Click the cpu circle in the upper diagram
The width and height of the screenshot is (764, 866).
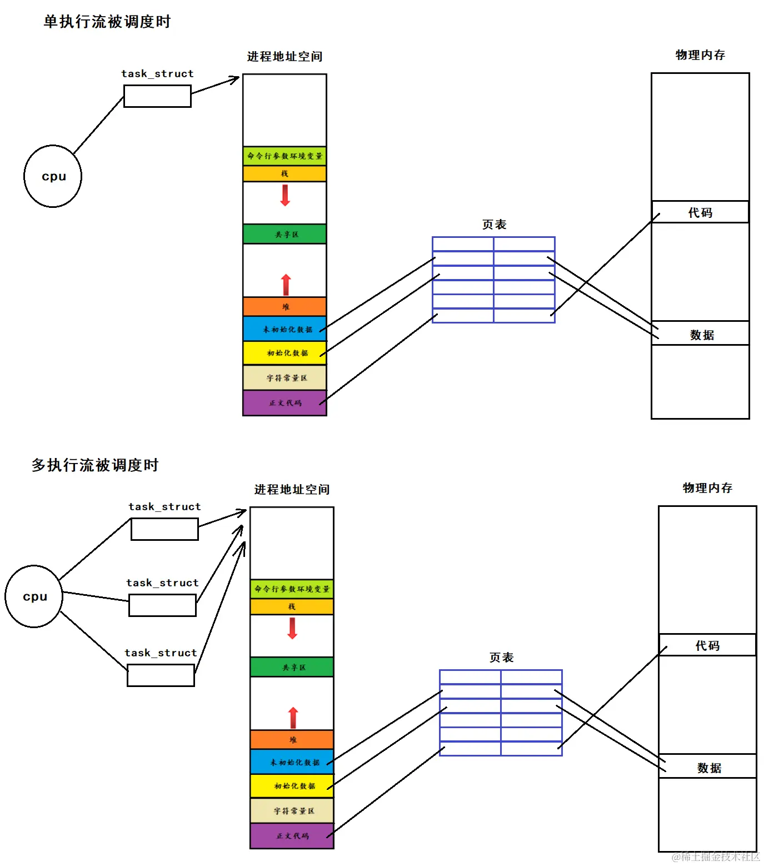click(x=53, y=176)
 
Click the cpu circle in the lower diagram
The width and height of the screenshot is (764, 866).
click(x=34, y=596)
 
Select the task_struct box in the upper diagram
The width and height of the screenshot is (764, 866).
click(x=157, y=96)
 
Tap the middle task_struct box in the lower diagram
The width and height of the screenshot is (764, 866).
click(x=162, y=605)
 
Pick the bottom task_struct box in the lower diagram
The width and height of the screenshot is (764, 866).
click(x=161, y=675)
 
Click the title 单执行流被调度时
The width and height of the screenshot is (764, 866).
click(x=107, y=22)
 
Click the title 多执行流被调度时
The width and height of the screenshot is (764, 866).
click(x=95, y=465)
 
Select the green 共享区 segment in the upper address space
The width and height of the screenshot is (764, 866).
click(x=284, y=234)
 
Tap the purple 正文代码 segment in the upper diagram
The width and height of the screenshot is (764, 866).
click(x=284, y=403)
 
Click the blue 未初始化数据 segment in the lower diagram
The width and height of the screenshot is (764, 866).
click(x=292, y=762)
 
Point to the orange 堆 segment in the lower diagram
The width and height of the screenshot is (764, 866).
click(x=292, y=739)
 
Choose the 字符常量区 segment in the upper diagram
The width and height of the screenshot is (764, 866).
click(x=284, y=378)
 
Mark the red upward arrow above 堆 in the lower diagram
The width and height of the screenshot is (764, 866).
click(x=293, y=718)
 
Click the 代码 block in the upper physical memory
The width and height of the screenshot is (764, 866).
click(x=700, y=212)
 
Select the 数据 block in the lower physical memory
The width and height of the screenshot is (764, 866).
click(x=708, y=767)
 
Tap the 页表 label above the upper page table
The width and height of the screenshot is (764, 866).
click(x=494, y=225)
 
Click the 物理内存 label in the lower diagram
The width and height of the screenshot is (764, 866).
click(x=707, y=488)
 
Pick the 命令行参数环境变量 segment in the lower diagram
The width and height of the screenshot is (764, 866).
click(x=292, y=589)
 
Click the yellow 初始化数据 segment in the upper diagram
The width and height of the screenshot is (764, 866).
click(x=284, y=353)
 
